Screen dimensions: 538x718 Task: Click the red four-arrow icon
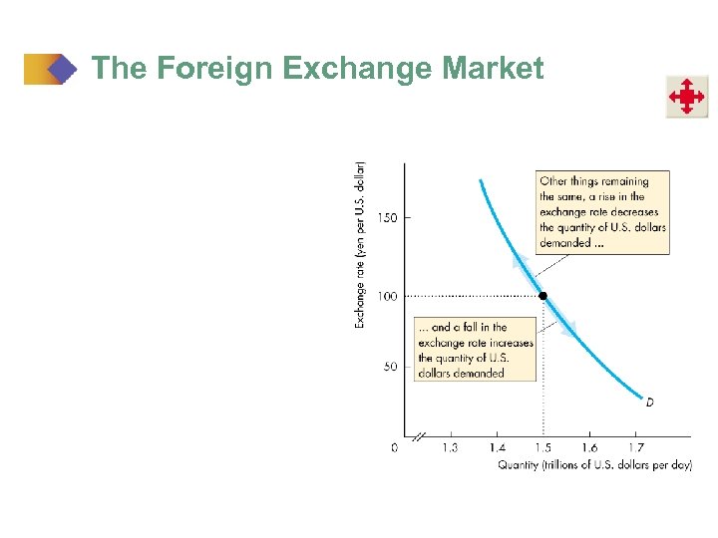pyautogui.click(x=687, y=97)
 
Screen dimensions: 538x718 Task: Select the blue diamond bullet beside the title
pyautogui.click(x=63, y=69)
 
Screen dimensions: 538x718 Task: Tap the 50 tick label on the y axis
pyautogui.click(x=389, y=367)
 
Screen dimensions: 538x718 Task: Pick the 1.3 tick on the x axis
pyautogui.click(x=450, y=448)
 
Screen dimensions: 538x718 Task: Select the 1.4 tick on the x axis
pyautogui.click(x=497, y=448)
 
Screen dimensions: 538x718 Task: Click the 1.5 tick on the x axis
pyautogui.click(x=542, y=448)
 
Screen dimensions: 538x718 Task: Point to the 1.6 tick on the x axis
pyautogui.click(x=589, y=448)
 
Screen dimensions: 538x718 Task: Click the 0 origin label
pyautogui.click(x=394, y=448)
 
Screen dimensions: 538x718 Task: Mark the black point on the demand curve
pyautogui.click(x=542, y=295)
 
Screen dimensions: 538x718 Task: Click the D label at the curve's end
pyautogui.click(x=649, y=402)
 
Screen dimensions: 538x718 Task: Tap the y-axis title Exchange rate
pyautogui.click(x=360, y=244)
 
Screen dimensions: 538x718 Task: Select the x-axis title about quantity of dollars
pyautogui.click(x=594, y=465)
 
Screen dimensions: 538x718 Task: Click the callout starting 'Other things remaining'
pyautogui.click(x=602, y=211)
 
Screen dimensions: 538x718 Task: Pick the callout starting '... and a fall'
pyautogui.click(x=475, y=349)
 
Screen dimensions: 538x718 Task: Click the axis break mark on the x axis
pyautogui.click(x=420, y=436)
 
